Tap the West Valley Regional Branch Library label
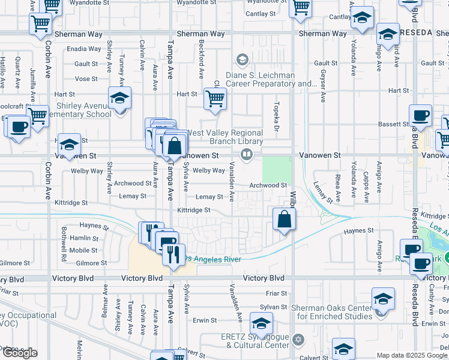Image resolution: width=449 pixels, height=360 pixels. click(x=225, y=137)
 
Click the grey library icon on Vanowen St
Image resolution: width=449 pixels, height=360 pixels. click(x=246, y=155)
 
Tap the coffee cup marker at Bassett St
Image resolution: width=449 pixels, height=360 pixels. click(x=420, y=115)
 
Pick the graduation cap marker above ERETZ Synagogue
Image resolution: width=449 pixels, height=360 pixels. click(x=261, y=323)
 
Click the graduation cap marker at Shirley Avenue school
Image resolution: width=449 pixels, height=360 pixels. click(x=119, y=97)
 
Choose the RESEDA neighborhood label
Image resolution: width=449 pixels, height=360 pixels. click(x=417, y=32)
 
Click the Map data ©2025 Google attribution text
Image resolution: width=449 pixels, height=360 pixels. click(x=412, y=355)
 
